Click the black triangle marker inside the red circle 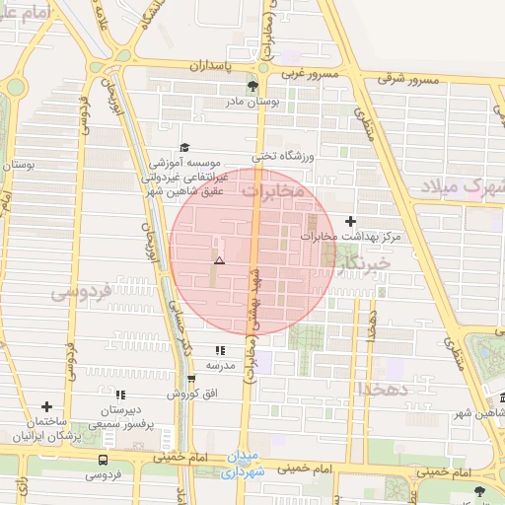pyautogui.click(x=219, y=260)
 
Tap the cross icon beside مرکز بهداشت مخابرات pyautogui.click(x=350, y=221)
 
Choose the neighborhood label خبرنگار pyautogui.click(x=363, y=263)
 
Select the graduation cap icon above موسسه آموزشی pyautogui.click(x=183, y=147)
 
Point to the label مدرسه pyautogui.click(x=220, y=366)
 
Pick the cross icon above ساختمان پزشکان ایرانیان pyautogui.click(x=46, y=405)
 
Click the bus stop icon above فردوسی pyautogui.click(x=104, y=460)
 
